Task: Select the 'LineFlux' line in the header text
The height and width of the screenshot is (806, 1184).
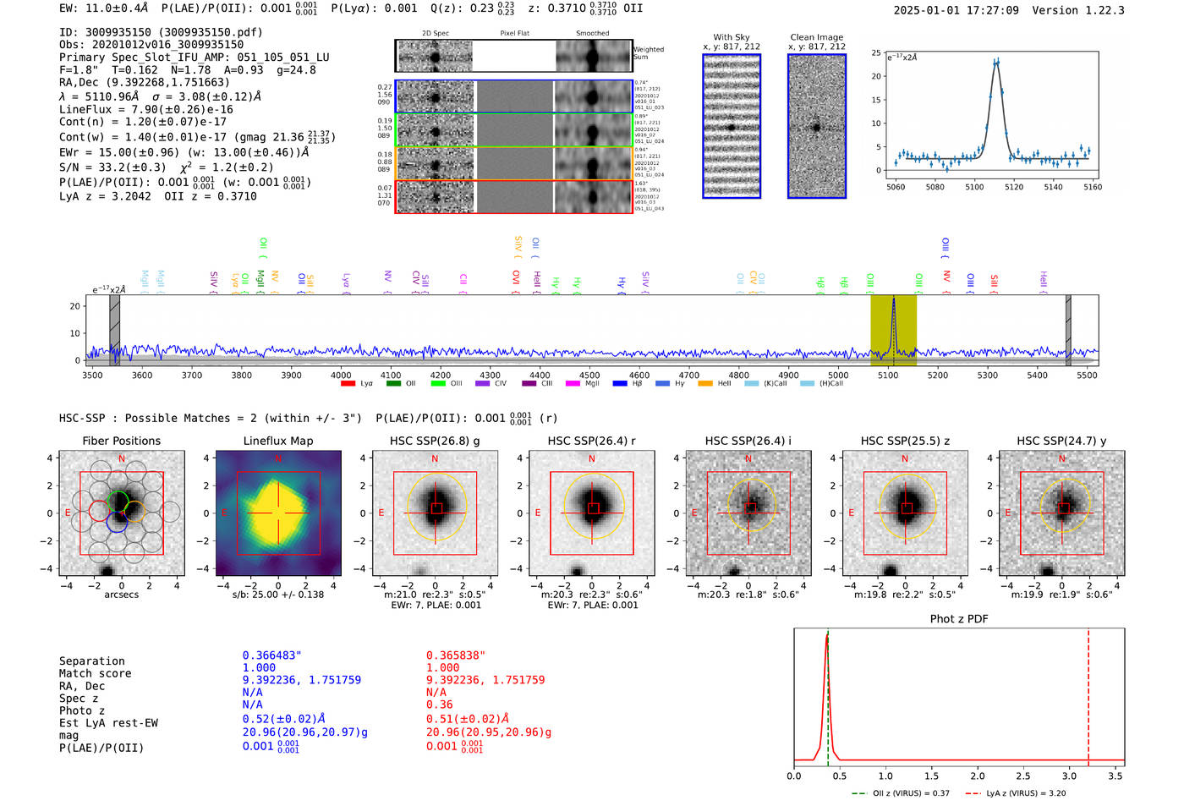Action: (x=145, y=109)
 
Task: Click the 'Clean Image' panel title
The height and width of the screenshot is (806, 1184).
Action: (x=816, y=37)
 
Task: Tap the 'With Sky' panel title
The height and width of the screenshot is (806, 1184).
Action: (x=731, y=37)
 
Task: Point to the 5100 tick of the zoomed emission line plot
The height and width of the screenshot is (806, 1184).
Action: (x=974, y=187)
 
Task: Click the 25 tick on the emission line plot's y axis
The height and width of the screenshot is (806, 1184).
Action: (x=876, y=52)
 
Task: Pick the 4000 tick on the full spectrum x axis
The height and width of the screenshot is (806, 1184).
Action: (x=341, y=375)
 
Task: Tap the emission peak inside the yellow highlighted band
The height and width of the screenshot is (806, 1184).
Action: (x=893, y=299)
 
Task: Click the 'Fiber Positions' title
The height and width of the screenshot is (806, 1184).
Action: (x=121, y=441)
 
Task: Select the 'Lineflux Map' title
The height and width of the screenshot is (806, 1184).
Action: (x=277, y=441)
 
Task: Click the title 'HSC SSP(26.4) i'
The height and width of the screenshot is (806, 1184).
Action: (x=748, y=441)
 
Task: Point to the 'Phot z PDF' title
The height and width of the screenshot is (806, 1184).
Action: (x=958, y=618)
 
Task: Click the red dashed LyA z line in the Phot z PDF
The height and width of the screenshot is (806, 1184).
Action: (x=1088, y=694)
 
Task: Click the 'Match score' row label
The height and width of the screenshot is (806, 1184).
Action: (x=95, y=673)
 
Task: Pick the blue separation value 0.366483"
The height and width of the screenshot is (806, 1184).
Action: (x=271, y=655)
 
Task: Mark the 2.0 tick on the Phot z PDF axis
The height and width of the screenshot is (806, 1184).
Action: (x=978, y=776)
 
